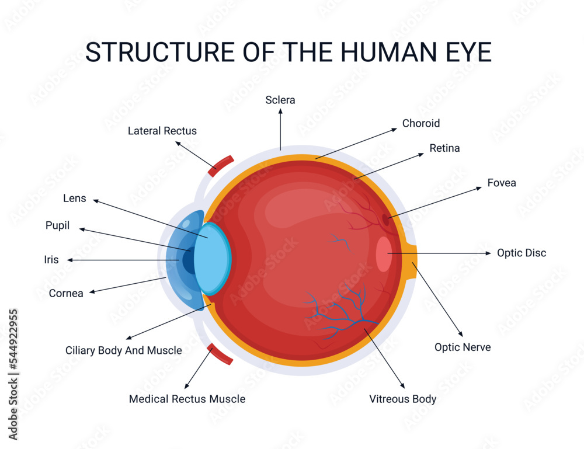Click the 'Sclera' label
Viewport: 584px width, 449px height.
click(x=280, y=100)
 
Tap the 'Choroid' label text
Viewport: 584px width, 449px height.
click(x=421, y=123)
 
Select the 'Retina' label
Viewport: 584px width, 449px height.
click(x=444, y=148)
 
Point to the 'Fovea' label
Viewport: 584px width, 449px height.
click(x=502, y=183)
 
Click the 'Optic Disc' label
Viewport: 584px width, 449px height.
click(x=522, y=253)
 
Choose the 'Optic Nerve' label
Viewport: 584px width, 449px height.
click(x=463, y=347)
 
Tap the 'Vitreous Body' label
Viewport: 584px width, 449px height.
click(x=402, y=399)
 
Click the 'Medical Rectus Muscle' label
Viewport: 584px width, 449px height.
click(x=187, y=399)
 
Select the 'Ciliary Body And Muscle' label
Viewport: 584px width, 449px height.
click(x=124, y=350)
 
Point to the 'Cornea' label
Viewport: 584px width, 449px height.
click(x=66, y=293)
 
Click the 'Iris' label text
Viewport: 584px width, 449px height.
click(x=51, y=260)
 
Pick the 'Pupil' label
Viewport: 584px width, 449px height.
click(x=58, y=225)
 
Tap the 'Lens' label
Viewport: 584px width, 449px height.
click(x=75, y=199)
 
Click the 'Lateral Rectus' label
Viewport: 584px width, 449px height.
click(x=162, y=131)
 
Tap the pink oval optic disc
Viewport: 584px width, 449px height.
click(x=384, y=254)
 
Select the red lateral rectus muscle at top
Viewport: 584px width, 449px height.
click(x=221, y=165)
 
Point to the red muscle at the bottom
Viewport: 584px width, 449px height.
click(x=220, y=354)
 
